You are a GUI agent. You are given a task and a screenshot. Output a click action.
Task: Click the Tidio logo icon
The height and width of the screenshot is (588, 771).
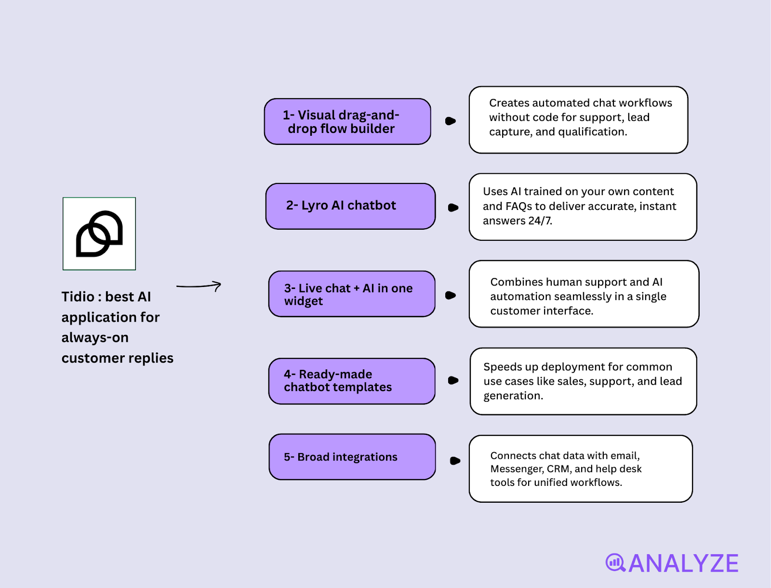[99, 234]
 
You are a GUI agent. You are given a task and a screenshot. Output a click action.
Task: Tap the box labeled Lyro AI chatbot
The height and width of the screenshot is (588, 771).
[350, 206]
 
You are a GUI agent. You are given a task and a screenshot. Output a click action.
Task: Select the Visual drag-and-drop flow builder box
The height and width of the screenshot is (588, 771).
[347, 121]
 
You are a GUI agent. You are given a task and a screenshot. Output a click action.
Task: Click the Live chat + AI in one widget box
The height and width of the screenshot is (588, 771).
[352, 294]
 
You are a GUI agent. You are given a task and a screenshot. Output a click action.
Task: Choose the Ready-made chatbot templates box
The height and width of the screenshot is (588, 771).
[352, 381]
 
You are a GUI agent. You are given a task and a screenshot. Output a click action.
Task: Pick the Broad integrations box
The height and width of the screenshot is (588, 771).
[352, 457]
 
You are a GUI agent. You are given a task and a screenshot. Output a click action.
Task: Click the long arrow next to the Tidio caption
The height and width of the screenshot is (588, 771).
[199, 286]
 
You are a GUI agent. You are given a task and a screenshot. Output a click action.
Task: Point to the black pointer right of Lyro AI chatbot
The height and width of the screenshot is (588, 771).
[453, 208]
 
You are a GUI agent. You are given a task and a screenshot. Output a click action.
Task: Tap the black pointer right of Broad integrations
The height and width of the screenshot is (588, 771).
[454, 461]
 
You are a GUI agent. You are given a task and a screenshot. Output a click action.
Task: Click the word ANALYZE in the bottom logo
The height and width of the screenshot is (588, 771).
[683, 563]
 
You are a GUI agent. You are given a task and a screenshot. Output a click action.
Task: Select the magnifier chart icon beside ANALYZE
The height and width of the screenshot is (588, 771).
[615, 562]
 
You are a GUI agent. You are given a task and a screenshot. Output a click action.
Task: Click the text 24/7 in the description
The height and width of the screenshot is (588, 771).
[540, 221]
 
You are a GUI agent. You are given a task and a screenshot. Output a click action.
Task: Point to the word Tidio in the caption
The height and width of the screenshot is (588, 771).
[78, 297]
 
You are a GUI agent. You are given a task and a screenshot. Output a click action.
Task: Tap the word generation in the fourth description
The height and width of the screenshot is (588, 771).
[513, 396]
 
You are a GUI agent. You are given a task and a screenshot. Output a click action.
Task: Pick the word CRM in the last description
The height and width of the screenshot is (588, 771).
[558, 469]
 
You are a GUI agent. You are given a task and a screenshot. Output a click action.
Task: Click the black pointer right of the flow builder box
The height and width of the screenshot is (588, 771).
[450, 121]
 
